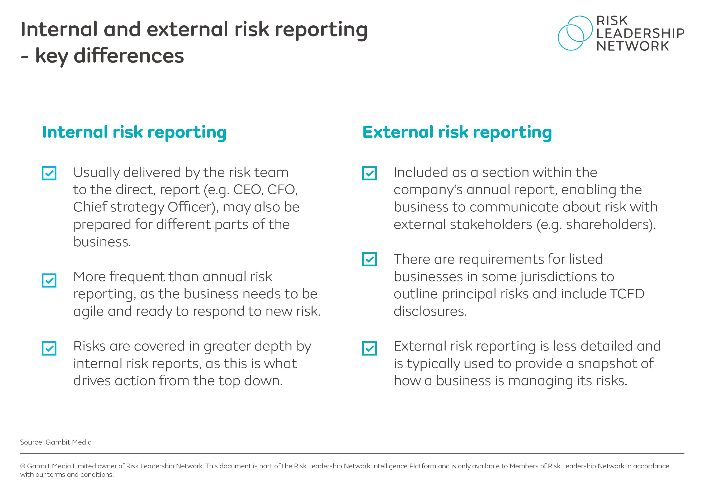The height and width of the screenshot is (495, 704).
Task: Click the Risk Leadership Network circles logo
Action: coord(575,33)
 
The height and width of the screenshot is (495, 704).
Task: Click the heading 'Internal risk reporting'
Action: coord(134,133)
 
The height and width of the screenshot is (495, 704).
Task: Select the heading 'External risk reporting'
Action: coord(457,133)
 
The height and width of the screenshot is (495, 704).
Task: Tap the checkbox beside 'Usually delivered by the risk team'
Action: coord(49,173)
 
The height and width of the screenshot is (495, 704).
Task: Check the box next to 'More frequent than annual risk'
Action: coord(49,280)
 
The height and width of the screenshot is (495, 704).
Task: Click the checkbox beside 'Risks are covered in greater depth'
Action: coord(49,348)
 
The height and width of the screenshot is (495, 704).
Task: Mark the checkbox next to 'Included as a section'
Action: coord(369,173)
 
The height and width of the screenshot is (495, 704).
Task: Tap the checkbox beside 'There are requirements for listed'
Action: coord(369,260)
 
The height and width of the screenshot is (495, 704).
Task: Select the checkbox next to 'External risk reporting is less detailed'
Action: coord(369,348)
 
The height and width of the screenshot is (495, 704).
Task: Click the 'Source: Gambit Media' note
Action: coord(56,442)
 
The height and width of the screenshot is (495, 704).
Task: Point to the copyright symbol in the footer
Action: coord(23,466)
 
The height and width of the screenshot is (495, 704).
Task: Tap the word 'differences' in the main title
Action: coord(129,56)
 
